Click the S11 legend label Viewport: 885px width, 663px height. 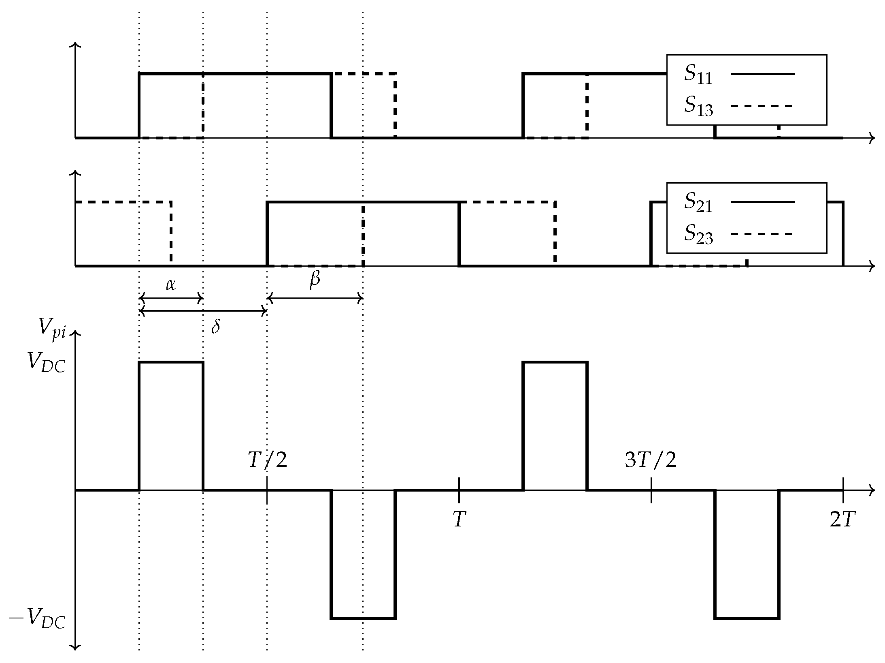[698, 75]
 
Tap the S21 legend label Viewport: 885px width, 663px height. [698, 203]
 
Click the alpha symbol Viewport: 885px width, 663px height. [170, 285]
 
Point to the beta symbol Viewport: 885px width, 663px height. [315, 280]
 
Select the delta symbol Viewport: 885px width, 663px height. [215, 327]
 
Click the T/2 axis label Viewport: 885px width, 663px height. [267, 460]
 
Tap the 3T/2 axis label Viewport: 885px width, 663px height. [651, 460]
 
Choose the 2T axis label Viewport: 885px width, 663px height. [842, 520]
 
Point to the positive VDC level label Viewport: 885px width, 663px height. [46, 362]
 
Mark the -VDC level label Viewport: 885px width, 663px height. [37, 620]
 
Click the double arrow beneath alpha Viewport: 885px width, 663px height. [171, 299]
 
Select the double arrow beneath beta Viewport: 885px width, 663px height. [315, 299]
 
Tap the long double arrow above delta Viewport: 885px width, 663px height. [202, 311]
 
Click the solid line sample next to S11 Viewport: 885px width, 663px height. [763, 74]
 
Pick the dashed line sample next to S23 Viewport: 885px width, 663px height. [761, 234]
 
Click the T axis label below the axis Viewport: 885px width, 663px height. [459, 520]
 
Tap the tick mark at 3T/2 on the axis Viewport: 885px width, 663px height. [651, 490]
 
